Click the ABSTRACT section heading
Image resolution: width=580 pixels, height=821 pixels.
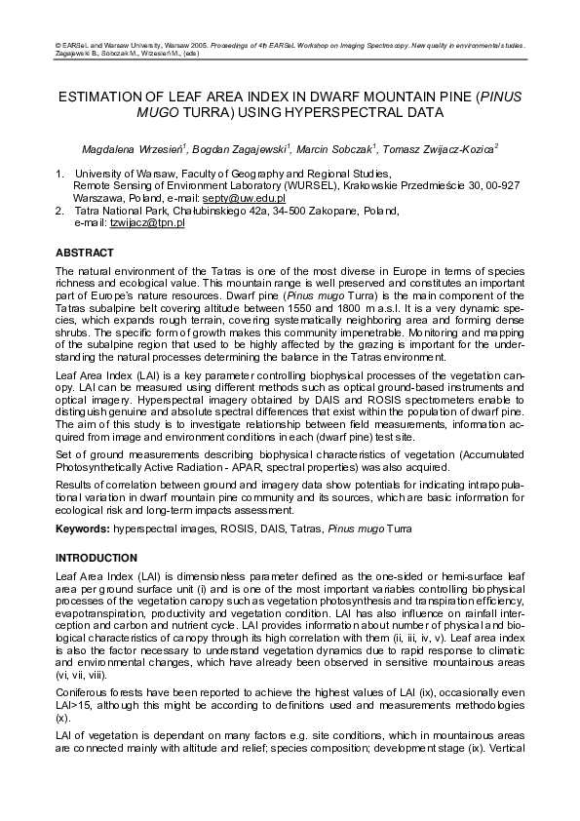[x=85, y=253]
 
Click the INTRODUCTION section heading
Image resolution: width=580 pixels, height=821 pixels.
[x=97, y=558]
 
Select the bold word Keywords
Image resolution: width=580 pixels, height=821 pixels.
[x=85, y=533]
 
